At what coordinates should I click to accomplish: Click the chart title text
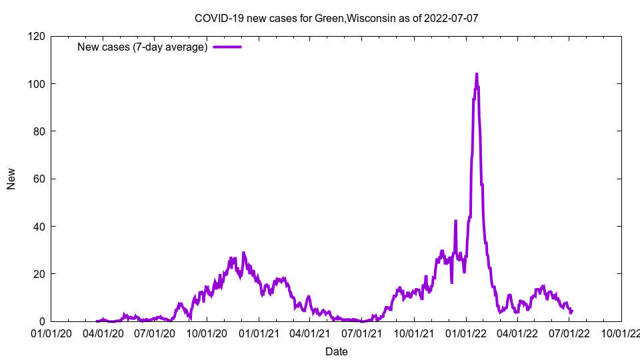[336, 18]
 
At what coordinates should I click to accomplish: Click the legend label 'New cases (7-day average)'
[143, 47]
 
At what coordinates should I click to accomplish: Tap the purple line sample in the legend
[227, 47]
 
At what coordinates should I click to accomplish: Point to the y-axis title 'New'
[11, 179]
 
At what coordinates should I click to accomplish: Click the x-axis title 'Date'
[336, 351]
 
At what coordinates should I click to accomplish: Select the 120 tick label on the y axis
[36, 36]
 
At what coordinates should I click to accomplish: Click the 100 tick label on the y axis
[36, 84]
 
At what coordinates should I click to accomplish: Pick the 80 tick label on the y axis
[39, 131]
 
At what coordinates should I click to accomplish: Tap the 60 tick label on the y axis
[39, 179]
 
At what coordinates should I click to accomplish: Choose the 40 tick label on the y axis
[39, 227]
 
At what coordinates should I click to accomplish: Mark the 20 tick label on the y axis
[39, 274]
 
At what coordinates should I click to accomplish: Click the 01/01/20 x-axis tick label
[51, 333]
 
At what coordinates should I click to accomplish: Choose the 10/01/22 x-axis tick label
[620, 333]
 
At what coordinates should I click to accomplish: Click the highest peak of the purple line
[476, 74]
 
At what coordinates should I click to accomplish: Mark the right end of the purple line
[571, 311]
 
